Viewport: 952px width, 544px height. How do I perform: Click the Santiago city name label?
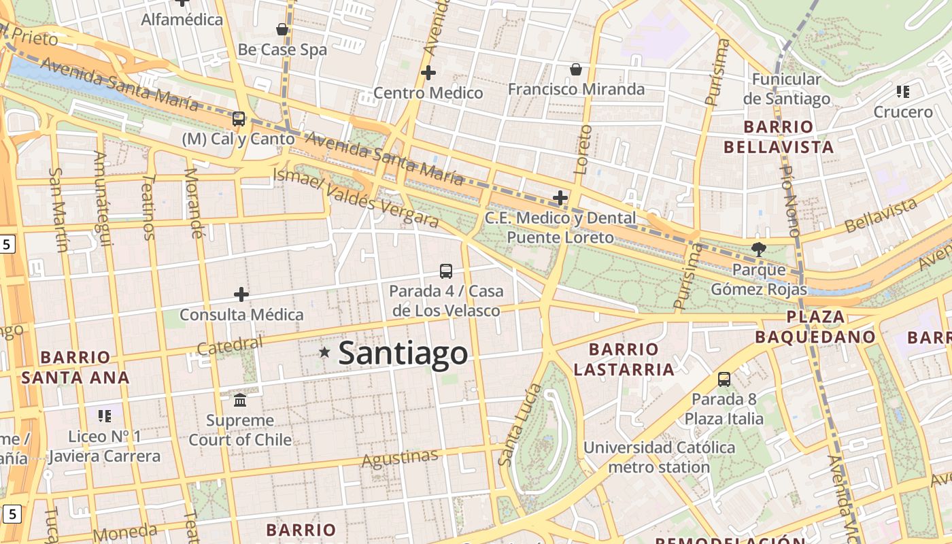pyautogui.click(x=403, y=353)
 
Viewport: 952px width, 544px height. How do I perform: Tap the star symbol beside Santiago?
pyautogui.click(x=325, y=352)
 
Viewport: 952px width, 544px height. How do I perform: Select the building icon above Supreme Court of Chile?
pyautogui.click(x=240, y=400)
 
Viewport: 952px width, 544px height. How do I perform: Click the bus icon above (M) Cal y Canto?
pyautogui.click(x=238, y=119)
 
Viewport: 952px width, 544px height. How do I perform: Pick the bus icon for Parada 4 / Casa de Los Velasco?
pyautogui.click(x=446, y=271)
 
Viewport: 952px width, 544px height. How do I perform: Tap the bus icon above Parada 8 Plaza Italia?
pyautogui.click(x=724, y=379)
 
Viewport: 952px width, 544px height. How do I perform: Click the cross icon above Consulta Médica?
pyautogui.click(x=241, y=294)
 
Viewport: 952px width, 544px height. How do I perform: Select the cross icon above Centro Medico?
pyautogui.click(x=428, y=73)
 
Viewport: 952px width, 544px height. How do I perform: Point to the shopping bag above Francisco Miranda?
pyautogui.click(x=576, y=69)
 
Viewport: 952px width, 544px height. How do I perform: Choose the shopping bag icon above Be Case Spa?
pyautogui.click(x=282, y=29)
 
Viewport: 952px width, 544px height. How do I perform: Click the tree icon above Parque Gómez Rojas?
pyautogui.click(x=758, y=250)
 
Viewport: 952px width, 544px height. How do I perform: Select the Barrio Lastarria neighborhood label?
pyautogui.click(x=624, y=359)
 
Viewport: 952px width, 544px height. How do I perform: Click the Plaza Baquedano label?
pyautogui.click(x=815, y=326)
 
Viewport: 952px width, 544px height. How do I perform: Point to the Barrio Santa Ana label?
pyautogui.click(x=75, y=367)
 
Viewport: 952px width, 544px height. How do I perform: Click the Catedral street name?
pyautogui.click(x=229, y=345)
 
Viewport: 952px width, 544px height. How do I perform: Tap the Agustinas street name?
pyautogui.click(x=399, y=458)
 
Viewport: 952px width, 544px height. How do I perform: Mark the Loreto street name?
pyautogui.click(x=583, y=150)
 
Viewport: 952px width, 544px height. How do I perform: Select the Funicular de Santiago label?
pyautogui.click(x=787, y=89)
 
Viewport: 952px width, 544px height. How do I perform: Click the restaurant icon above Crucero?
pyautogui.click(x=903, y=92)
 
